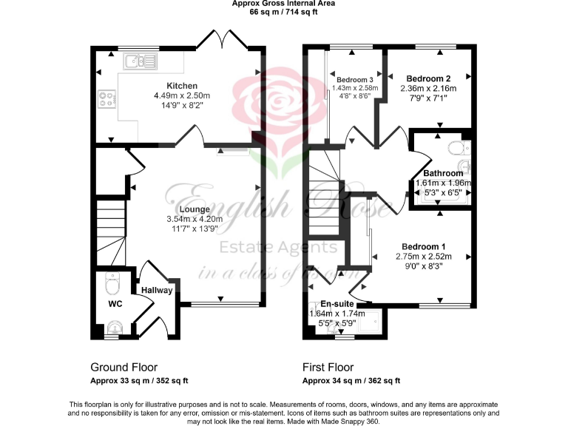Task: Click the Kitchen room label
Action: [181, 86]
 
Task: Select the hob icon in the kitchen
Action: [105, 99]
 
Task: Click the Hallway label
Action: [157, 291]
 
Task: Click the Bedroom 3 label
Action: [354, 79]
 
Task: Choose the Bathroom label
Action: [443, 173]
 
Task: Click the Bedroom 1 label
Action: [423, 246]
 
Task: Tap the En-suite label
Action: [337, 303]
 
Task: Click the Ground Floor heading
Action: [124, 367]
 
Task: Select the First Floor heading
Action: [328, 367]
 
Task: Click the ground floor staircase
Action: [111, 233]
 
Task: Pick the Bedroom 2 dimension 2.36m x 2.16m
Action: [428, 88]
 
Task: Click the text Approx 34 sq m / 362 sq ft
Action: [351, 381]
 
